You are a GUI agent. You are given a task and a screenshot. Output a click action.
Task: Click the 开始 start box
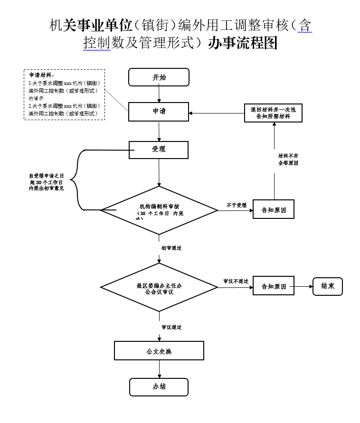pos(159,77)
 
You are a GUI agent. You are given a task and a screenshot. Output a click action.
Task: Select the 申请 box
pos(159,112)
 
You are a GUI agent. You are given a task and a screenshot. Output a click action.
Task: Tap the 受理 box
pos(159,150)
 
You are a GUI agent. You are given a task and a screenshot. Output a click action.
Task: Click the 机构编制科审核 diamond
pos(159,210)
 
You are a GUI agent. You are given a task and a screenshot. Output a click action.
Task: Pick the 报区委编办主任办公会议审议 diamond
pos(159,287)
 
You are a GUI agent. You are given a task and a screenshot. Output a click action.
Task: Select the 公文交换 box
pos(159,351)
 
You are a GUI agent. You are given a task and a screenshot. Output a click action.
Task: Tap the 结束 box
pos(327,286)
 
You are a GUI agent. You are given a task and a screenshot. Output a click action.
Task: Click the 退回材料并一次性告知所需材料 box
pos(273,113)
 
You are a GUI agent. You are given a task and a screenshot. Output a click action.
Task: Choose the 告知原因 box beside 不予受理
pos(274,210)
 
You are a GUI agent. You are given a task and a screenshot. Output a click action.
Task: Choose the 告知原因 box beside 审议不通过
pos(274,287)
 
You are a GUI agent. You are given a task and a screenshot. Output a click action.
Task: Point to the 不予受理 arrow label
pos(236,205)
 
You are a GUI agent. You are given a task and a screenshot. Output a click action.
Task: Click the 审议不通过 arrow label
pos(236,281)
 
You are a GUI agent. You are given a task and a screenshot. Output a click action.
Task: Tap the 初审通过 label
pos(171,248)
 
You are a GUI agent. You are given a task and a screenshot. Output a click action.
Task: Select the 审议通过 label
pos(171,327)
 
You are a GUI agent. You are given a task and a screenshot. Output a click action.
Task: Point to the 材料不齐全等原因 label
pos(288,159)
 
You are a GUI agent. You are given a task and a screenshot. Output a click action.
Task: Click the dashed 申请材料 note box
pos(64,94)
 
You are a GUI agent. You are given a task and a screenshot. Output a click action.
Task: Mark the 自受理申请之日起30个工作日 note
pos(46,182)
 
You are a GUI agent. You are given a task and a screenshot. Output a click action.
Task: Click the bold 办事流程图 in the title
pos(243,43)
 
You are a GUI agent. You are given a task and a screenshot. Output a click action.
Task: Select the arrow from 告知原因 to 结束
pos(303,287)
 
